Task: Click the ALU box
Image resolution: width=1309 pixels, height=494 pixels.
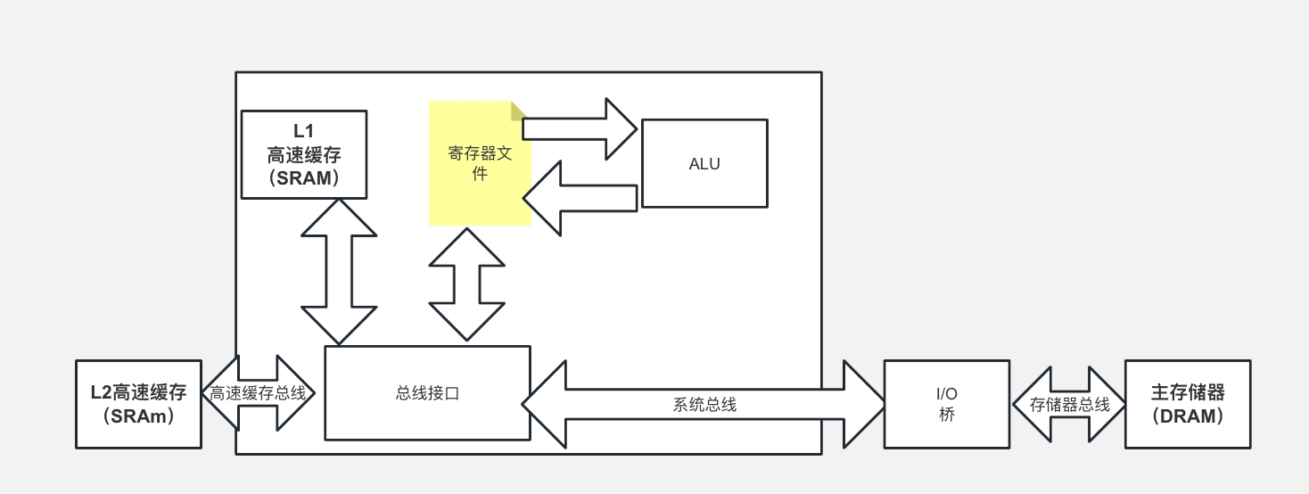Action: (x=704, y=163)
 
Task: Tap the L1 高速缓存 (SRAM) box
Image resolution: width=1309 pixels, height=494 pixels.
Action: (x=304, y=154)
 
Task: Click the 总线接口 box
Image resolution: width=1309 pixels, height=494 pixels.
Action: (x=427, y=393)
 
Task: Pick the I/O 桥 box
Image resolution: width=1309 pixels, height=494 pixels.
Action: (x=946, y=404)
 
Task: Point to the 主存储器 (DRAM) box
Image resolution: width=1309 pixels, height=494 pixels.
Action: (x=1187, y=404)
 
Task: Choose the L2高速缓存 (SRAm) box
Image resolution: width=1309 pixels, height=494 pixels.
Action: (x=138, y=404)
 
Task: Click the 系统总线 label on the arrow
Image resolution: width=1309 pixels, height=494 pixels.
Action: (x=704, y=404)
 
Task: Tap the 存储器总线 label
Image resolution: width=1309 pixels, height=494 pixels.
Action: (x=1069, y=404)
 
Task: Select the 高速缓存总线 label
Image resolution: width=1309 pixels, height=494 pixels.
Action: (x=258, y=393)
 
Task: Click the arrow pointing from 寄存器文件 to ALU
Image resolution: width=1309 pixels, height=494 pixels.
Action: (x=580, y=128)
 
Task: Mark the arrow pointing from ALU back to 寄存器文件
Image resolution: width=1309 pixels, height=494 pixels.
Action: (x=580, y=198)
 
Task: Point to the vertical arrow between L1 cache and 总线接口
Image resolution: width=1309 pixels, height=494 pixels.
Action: (x=339, y=271)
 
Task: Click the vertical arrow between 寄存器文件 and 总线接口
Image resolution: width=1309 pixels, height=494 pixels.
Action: (x=466, y=284)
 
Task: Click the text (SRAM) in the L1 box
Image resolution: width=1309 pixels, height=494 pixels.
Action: (x=304, y=177)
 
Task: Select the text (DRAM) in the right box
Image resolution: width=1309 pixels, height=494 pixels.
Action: (x=1187, y=416)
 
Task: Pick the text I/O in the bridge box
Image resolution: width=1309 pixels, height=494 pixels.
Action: (x=946, y=393)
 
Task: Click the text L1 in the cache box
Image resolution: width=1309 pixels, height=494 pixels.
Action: (x=304, y=131)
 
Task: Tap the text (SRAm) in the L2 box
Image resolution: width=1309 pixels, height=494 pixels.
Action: (x=138, y=416)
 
